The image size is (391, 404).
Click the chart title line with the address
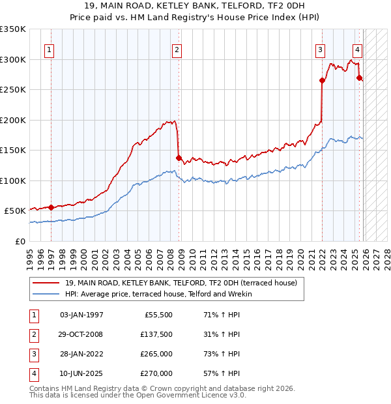point(195,6)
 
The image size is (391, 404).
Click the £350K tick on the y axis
point(13,29)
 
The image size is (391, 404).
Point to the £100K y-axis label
point(13,180)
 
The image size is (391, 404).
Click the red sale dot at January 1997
point(51,207)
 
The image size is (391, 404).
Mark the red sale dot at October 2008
point(179,157)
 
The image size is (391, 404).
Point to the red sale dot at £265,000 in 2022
point(322,81)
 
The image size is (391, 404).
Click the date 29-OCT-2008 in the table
point(81,334)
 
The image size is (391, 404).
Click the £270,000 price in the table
point(156,373)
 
